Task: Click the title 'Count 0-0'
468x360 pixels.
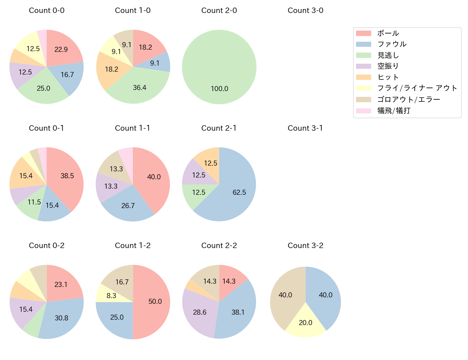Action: [46, 10]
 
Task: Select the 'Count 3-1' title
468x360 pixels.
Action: [305, 128]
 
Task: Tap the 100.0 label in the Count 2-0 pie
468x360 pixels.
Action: [219, 89]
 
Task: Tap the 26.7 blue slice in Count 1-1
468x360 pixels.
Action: [128, 206]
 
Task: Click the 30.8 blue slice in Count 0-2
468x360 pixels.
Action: [61, 318]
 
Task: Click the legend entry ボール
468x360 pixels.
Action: [388, 33]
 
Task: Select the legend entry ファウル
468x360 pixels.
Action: [392, 44]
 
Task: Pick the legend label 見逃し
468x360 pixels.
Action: [388, 55]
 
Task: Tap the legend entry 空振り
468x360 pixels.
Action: [388, 66]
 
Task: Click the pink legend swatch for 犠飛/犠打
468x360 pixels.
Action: [363, 111]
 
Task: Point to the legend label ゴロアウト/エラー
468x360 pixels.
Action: [409, 100]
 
